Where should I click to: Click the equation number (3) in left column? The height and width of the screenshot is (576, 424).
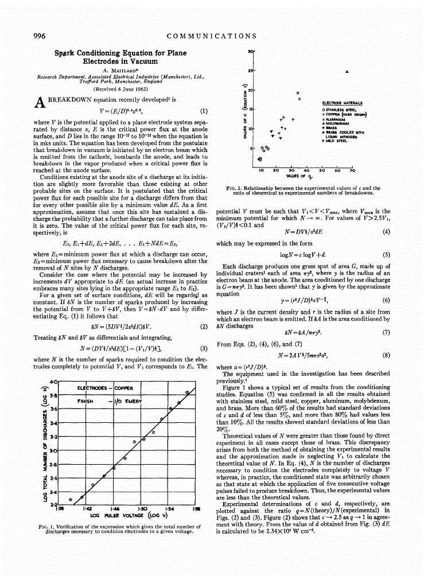(x=203, y=348)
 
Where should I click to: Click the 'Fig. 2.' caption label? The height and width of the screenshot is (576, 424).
(x=232, y=188)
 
